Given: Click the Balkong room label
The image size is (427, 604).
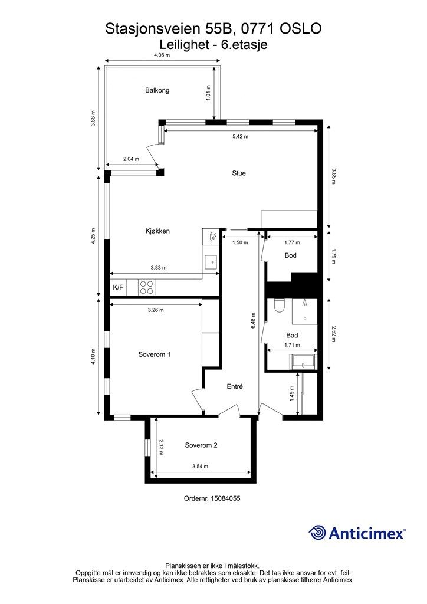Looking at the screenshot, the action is [157, 90].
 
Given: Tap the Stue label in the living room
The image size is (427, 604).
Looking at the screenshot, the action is [239, 173].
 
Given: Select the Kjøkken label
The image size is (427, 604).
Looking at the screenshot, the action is [157, 231].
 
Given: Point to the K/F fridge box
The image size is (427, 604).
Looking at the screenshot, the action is [118, 287].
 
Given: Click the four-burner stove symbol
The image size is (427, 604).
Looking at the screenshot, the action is [146, 287].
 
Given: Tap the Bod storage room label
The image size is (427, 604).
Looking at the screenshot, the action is [290, 255].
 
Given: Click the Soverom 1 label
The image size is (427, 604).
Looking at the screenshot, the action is [155, 354].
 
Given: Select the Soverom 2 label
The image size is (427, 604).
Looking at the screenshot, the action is [201, 445].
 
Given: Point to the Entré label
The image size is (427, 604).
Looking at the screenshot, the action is [235, 386].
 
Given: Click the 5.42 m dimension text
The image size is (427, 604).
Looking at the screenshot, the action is [241, 136].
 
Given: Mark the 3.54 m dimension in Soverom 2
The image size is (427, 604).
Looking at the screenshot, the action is [200, 467].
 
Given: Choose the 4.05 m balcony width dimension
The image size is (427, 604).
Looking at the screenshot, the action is [162, 55].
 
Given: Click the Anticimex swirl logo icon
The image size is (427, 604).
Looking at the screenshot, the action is [317, 533].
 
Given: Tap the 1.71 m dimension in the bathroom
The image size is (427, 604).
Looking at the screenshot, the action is [292, 345].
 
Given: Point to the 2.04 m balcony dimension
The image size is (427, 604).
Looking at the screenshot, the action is [131, 159].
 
